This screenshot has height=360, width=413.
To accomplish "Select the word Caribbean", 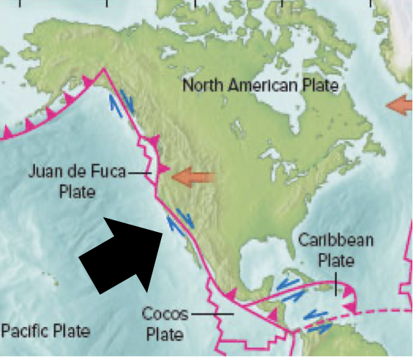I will coord(336,240).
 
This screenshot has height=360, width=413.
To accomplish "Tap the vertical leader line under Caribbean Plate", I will coord(336,282).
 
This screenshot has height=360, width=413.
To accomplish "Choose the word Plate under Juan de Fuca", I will coord(78,192).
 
